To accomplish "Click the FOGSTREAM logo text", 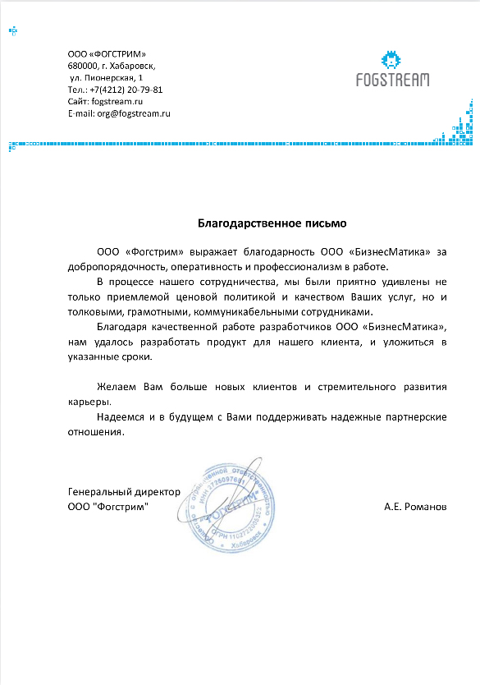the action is (392, 80).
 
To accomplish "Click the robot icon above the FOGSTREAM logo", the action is (392, 59).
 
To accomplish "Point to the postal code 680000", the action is (81, 65).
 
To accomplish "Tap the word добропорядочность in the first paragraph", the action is (117, 266).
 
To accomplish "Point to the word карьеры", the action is (89, 402).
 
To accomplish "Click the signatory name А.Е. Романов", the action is (415, 507).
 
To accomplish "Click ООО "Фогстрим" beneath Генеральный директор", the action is (108, 507).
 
